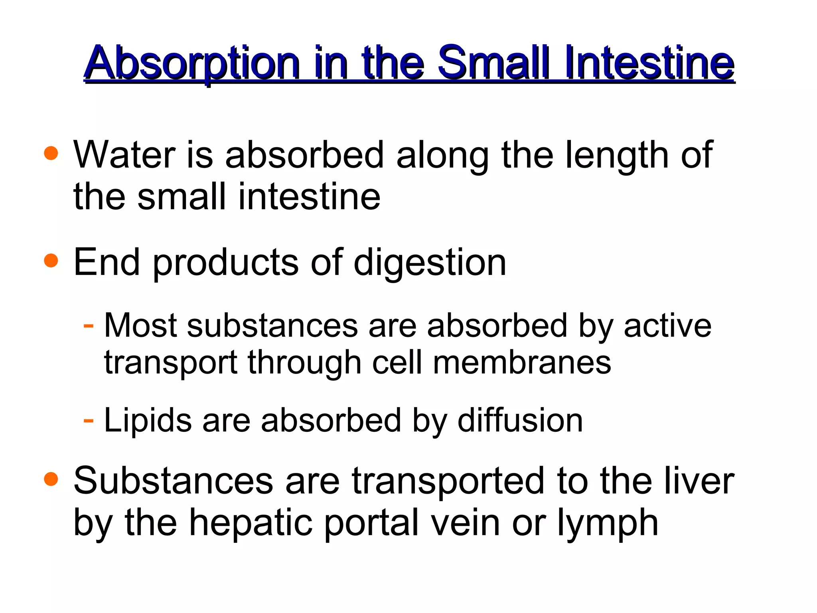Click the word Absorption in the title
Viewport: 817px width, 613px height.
tap(191, 64)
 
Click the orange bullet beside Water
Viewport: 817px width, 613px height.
tap(51, 153)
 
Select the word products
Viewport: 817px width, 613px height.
tap(225, 264)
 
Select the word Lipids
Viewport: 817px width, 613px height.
tap(148, 421)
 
